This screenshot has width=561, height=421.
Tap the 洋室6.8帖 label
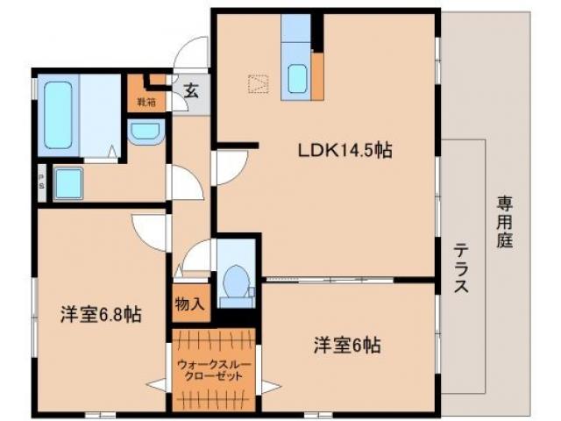(102, 313)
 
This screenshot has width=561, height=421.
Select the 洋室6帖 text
(348, 345)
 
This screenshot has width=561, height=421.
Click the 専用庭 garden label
(505, 223)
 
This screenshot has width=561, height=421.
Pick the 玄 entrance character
(190, 88)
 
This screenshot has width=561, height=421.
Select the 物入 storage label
(190, 305)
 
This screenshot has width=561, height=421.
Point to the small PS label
(41, 184)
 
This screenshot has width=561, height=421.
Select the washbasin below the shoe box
(144, 132)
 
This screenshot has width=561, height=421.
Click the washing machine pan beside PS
(67, 184)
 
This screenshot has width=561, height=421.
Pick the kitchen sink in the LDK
(296, 79)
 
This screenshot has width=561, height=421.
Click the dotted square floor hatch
(259, 85)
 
